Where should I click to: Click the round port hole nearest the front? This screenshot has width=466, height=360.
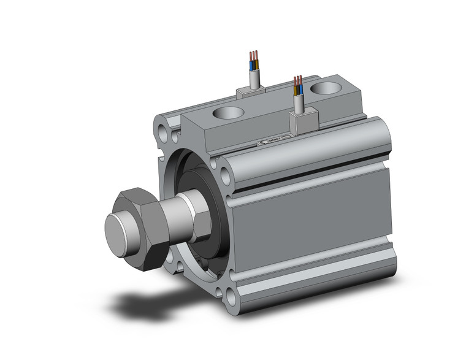228,113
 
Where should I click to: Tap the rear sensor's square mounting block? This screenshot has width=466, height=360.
251,91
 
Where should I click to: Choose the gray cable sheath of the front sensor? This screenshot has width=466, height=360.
299,103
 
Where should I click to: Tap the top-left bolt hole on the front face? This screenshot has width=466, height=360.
162,131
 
